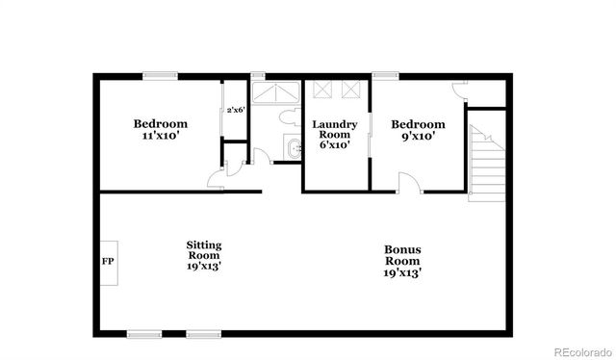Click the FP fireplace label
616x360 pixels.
(x=107, y=261)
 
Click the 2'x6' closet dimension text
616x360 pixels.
(x=236, y=111)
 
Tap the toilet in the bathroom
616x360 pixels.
(x=288, y=117)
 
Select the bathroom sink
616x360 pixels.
(x=295, y=148)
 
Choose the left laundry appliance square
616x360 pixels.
(x=322, y=90)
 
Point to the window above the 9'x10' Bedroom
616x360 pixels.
(x=387, y=75)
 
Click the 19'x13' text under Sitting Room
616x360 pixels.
(x=204, y=267)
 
